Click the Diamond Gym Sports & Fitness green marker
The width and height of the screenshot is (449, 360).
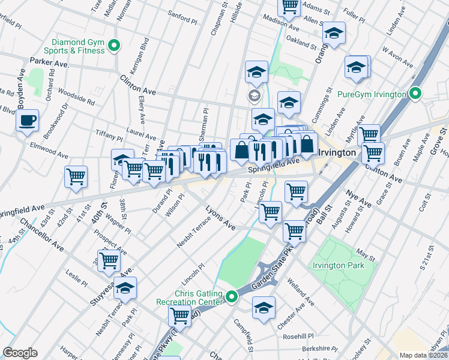tap(112, 45)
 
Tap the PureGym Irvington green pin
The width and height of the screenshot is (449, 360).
tap(415, 94)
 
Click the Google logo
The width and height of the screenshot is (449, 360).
tap(20, 353)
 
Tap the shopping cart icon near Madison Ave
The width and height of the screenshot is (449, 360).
tap(290, 6)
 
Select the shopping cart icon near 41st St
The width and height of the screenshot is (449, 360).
tap(76, 177)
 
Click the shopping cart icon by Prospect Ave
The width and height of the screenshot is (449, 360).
tap(109, 260)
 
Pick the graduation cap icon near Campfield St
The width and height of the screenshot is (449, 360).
tap(264, 308)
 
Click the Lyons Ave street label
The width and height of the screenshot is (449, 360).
tap(220, 217)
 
